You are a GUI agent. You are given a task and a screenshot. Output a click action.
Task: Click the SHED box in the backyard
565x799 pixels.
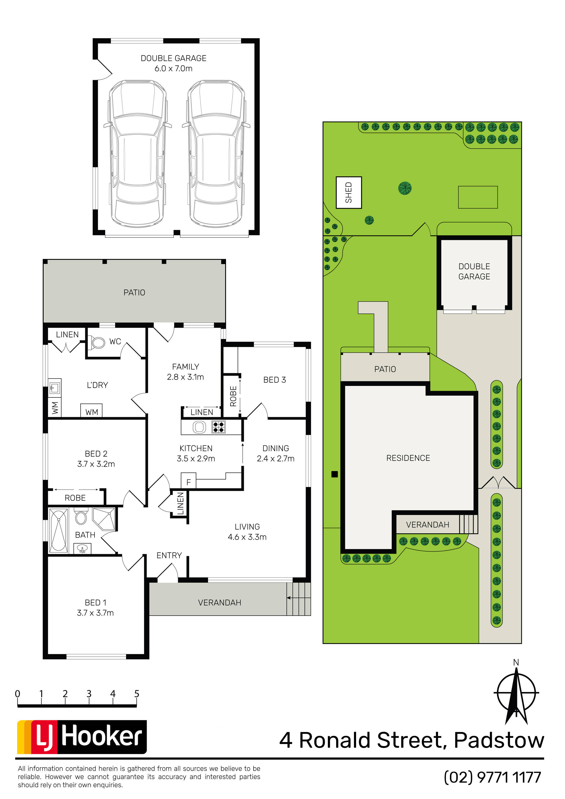(349, 192)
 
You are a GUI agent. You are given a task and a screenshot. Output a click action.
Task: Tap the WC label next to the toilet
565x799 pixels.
(115, 341)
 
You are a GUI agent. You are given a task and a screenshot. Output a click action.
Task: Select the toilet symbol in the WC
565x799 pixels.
(97, 342)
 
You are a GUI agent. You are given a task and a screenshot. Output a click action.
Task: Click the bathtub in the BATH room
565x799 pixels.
(59, 531)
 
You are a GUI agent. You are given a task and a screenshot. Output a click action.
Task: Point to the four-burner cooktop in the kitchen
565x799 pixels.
(219, 427)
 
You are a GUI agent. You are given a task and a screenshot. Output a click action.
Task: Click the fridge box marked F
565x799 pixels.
(188, 480)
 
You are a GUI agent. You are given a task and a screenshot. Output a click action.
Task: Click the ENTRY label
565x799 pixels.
(169, 555)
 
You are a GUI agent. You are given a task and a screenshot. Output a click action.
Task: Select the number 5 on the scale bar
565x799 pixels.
(137, 694)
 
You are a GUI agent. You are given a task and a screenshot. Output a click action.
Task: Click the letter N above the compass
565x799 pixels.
(516, 663)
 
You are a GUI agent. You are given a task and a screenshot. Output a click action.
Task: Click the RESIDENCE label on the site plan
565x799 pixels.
(408, 458)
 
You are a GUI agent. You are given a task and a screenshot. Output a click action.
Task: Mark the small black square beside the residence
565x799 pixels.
(335, 474)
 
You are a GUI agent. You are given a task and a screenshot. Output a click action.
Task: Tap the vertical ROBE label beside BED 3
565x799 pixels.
(233, 396)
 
